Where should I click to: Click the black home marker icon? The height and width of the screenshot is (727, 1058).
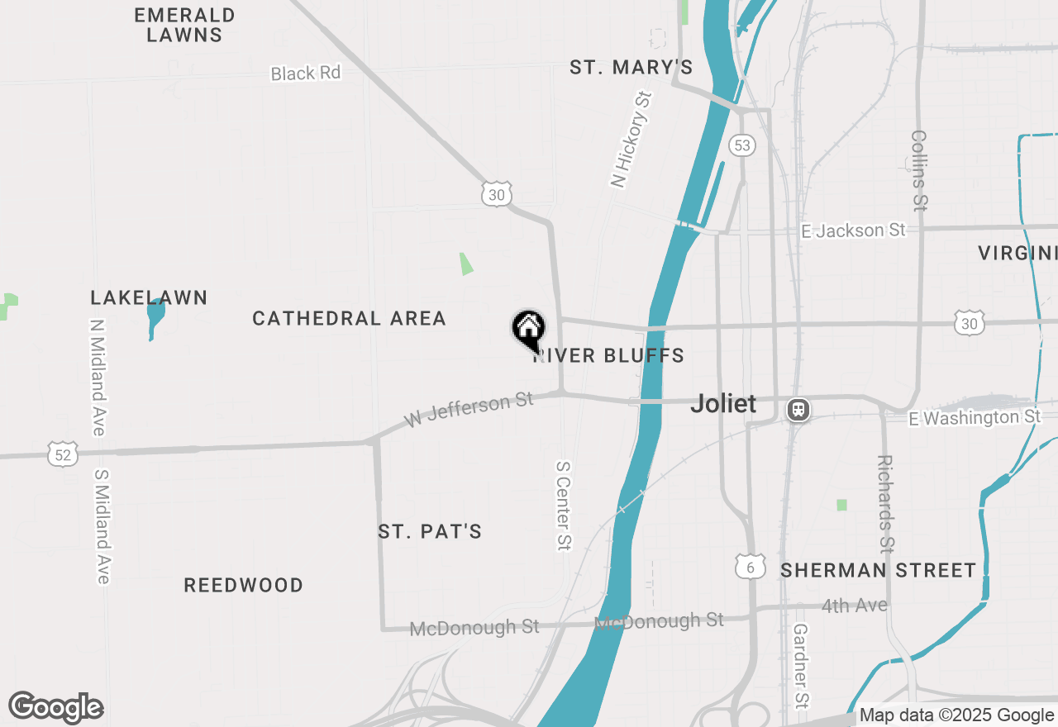528,329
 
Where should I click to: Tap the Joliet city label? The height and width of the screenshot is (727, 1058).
723,403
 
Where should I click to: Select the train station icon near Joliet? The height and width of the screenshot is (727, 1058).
798,410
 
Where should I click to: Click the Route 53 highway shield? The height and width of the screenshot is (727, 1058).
742,146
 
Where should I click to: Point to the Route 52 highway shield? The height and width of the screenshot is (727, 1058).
64,453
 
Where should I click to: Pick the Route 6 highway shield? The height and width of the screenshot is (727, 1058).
750,566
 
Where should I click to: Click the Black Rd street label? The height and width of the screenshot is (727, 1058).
305,74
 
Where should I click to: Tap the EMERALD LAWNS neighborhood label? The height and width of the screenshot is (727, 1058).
184,25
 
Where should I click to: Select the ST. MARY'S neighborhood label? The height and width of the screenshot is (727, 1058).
631,68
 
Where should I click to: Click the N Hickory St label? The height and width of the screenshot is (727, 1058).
631,140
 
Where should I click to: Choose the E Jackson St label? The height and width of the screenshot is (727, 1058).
853,230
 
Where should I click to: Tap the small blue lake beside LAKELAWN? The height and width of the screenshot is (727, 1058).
155,317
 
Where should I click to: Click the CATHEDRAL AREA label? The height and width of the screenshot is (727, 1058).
349,318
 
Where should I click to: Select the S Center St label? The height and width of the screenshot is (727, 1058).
564,505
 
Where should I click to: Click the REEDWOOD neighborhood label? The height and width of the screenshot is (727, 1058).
243,585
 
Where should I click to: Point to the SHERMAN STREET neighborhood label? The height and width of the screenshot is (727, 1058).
878,570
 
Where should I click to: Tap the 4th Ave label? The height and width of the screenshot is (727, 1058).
854,606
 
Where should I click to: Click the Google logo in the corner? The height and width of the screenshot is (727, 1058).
55,707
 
